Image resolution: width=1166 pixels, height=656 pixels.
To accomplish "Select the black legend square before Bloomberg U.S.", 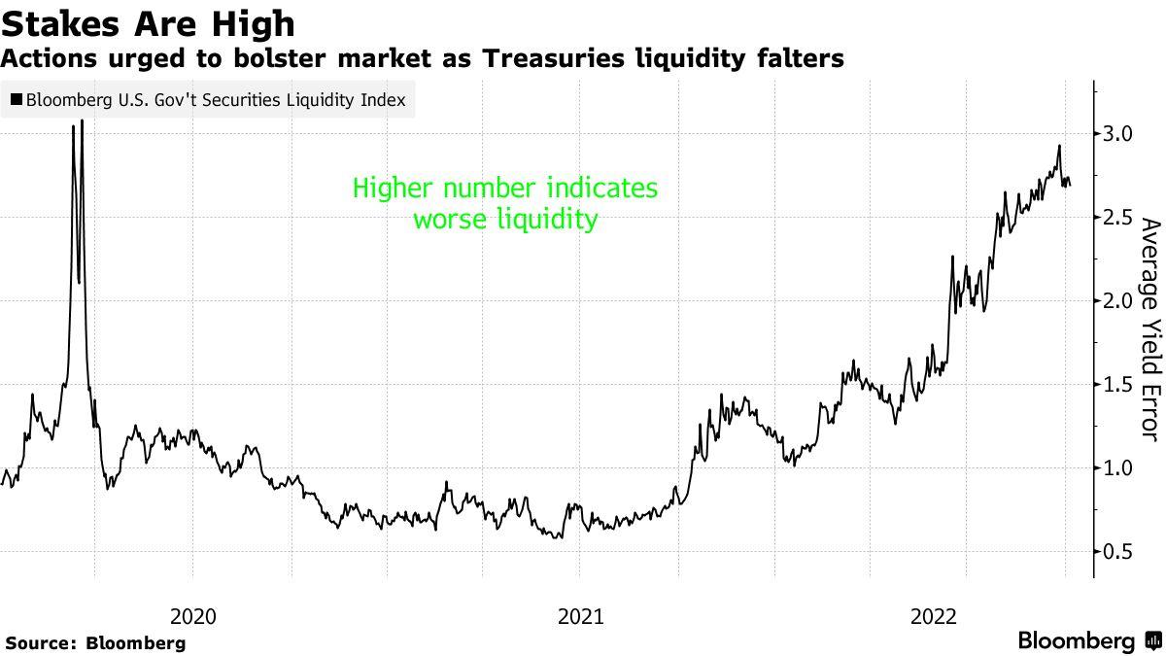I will pos(16,99).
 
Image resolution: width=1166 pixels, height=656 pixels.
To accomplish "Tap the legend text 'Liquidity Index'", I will pos(351,99).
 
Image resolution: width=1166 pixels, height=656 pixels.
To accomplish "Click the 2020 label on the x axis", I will pos(193,615).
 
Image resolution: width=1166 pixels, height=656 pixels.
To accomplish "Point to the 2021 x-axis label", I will pos(579,615).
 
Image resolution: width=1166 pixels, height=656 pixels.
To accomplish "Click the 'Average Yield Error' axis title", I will pos(1149,330).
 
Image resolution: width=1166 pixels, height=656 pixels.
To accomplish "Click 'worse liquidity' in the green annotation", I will pos(504,220).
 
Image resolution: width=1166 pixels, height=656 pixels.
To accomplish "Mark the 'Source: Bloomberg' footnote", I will pos(94,642).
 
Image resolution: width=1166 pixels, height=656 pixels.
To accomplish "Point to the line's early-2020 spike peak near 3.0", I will pos(82,121).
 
